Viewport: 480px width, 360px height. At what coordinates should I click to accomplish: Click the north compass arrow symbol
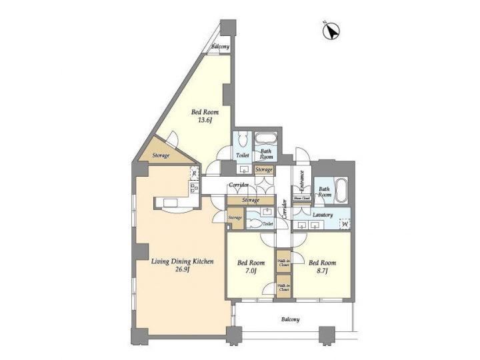(x=333, y=30)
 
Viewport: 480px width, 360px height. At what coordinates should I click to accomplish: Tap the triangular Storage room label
(x=161, y=155)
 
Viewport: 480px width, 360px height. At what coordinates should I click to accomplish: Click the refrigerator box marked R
(x=194, y=174)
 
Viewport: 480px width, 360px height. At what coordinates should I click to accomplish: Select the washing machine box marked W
(x=345, y=224)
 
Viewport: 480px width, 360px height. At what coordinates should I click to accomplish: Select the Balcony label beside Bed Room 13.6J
(x=221, y=47)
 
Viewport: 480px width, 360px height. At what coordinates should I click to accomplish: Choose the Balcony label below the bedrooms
(x=289, y=319)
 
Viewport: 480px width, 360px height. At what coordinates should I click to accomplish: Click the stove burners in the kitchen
(x=195, y=189)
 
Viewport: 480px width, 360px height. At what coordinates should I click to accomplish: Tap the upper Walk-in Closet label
(x=283, y=261)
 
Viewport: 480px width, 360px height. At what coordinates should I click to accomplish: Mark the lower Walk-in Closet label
(x=283, y=287)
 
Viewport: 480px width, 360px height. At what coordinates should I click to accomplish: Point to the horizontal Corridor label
(x=238, y=185)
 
